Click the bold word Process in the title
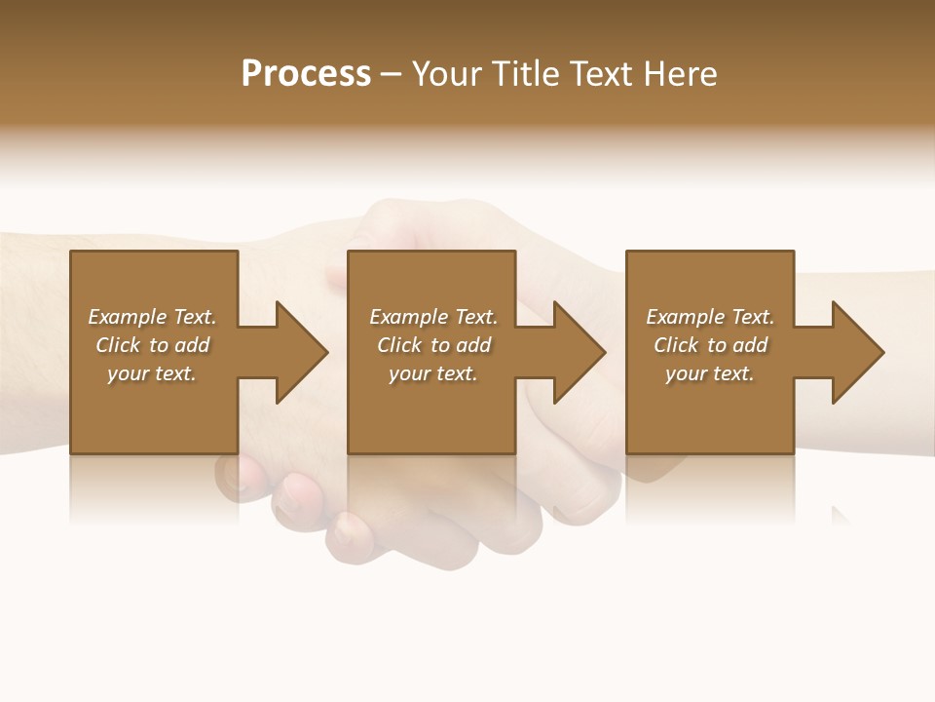pyautogui.click(x=306, y=74)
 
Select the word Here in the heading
pyautogui.click(x=680, y=74)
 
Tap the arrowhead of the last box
pyautogui.click(x=856, y=352)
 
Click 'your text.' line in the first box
pyautogui.click(x=152, y=373)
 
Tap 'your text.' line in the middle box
pyautogui.click(x=433, y=373)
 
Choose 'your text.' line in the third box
pyautogui.click(x=710, y=373)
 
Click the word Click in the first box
pyautogui.click(x=118, y=345)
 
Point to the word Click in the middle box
pyautogui.click(x=399, y=345)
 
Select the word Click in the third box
pyautogui.click(x=676, y=345)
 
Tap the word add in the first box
pyautogui.click(x=193, y=345)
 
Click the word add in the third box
pyautogui.click(x=751, y=345)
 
